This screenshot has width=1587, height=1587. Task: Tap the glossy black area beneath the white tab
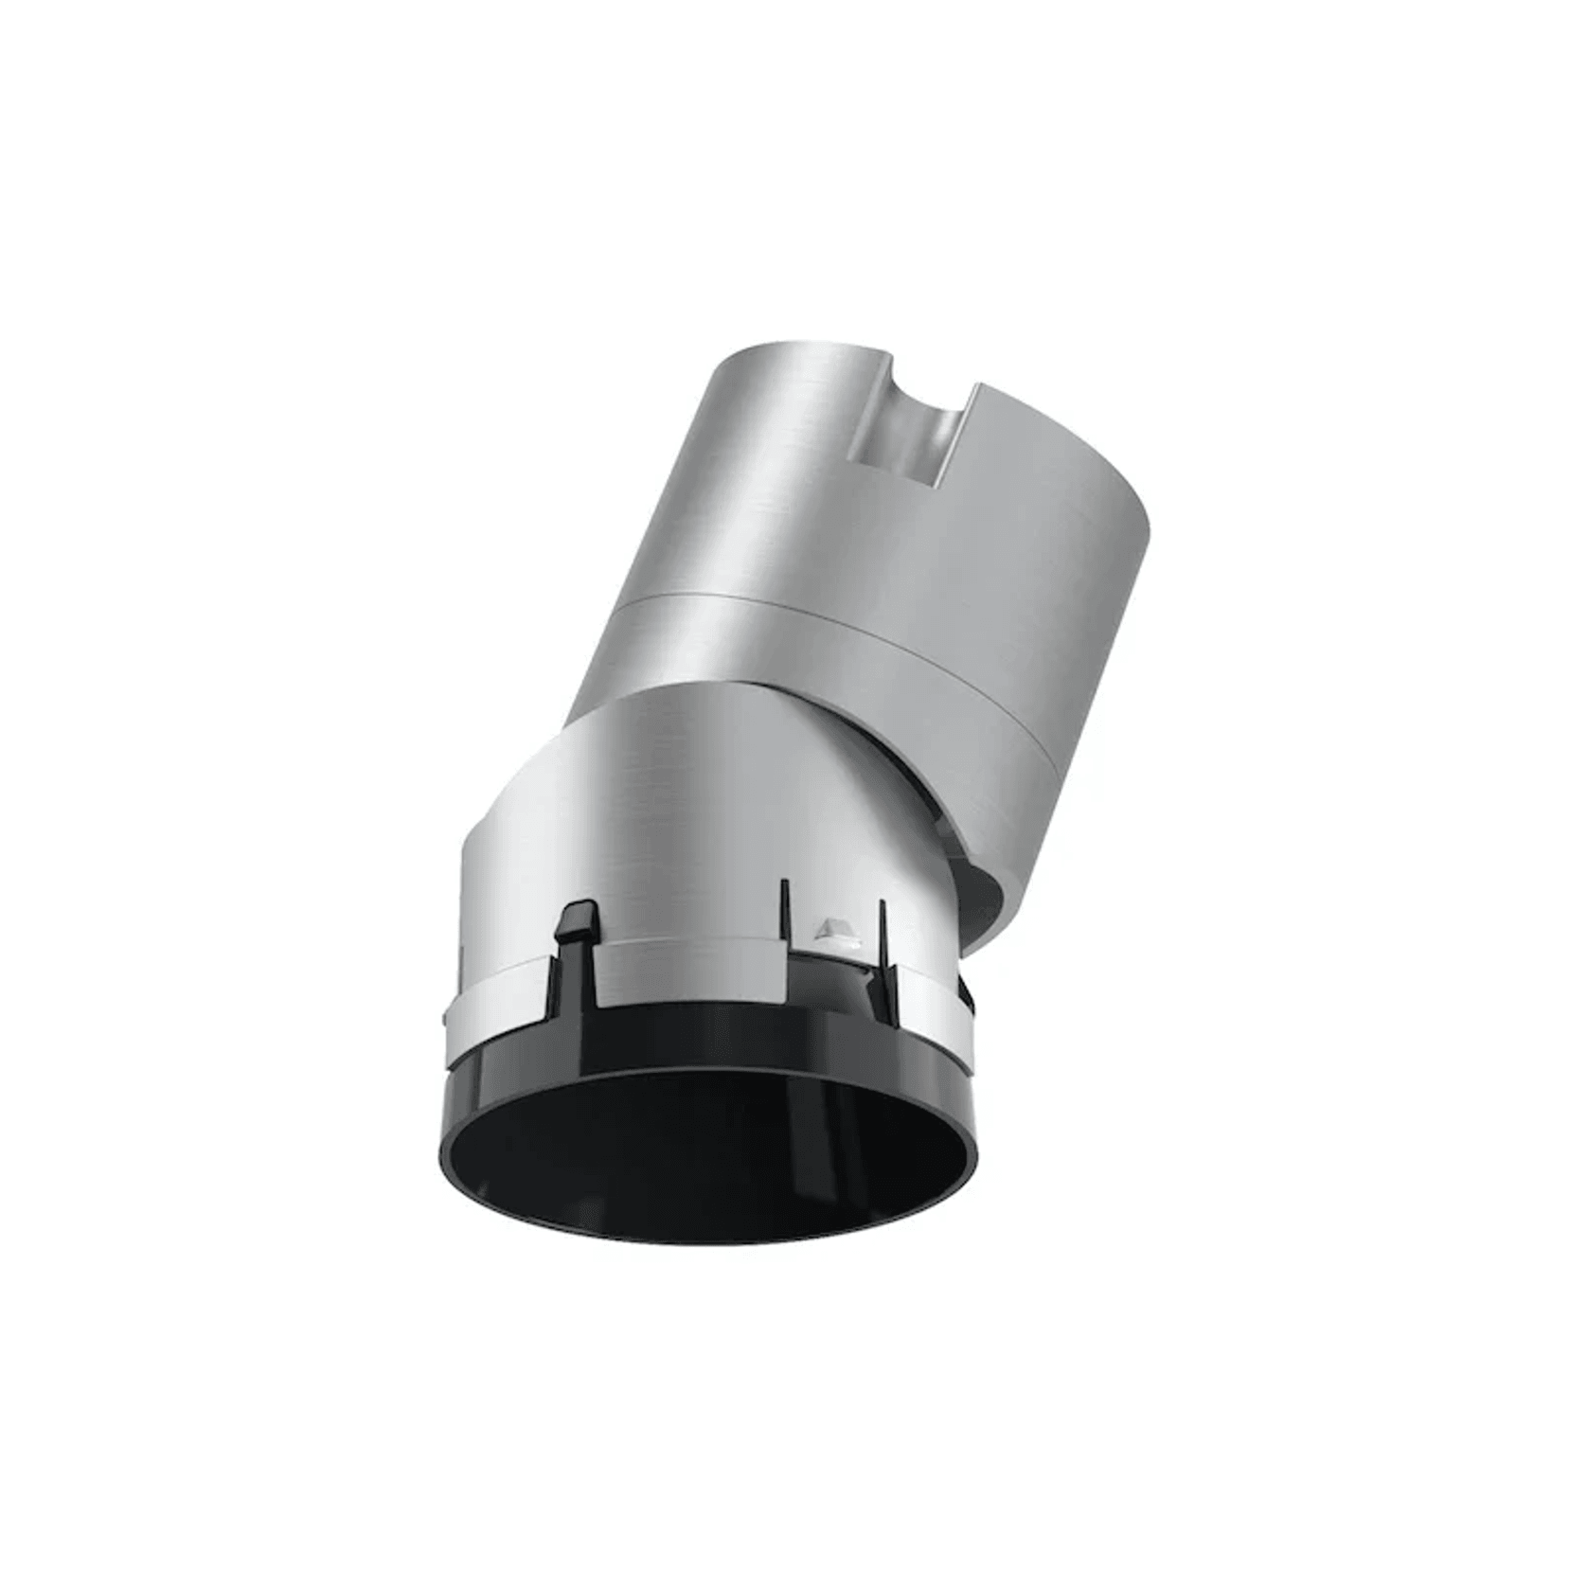[x=843, y=985]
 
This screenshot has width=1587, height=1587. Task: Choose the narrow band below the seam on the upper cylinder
[x=852, y=663]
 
